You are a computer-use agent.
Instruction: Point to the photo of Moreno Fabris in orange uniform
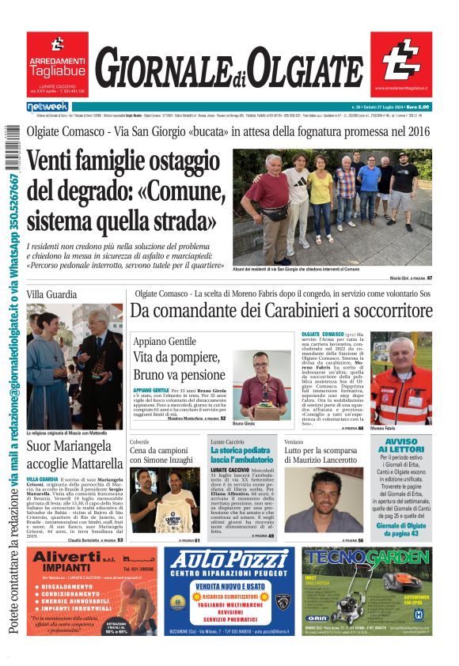coord(401,380)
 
